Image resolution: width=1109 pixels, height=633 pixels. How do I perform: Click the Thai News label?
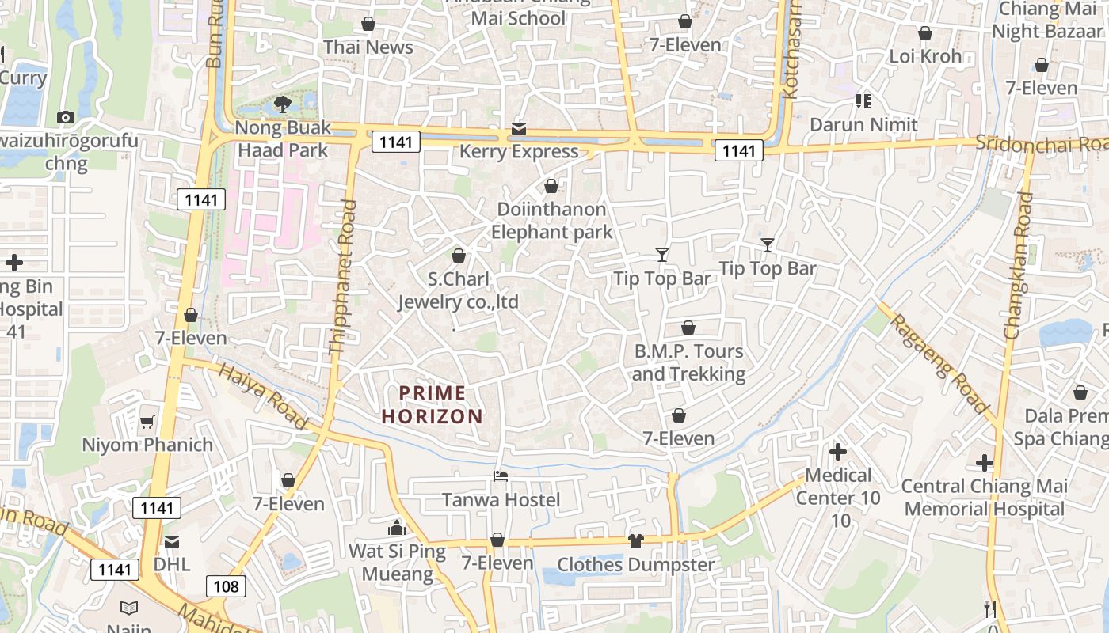(x=368, y=47)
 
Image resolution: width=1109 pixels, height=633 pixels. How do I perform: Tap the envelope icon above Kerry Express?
(x=519, y=128)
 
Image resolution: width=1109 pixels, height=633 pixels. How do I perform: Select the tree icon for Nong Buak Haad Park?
(x=282, y=104)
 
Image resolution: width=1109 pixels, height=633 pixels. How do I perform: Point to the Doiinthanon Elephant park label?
(x=552, y=221)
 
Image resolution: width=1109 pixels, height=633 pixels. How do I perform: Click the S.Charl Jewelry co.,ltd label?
(x=458, y=290)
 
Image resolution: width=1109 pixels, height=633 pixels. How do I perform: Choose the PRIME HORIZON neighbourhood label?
(x=433, y=404)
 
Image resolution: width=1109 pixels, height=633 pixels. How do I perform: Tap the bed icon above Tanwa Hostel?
(x=501, y=476)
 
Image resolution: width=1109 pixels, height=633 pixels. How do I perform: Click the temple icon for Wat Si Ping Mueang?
(x=397, y=528)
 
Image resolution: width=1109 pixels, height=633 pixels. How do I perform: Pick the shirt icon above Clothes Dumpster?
(x=635, y=541)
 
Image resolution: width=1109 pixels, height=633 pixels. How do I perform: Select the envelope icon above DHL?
(x=171, y=542)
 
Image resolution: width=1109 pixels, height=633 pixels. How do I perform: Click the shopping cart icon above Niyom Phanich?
(x=147, y=422)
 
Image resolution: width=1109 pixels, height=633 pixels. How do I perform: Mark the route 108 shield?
(x=227, y=586)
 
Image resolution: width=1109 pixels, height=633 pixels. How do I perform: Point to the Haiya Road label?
(x=262, y=396)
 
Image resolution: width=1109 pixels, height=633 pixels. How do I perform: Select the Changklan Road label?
(x=1019, y=266)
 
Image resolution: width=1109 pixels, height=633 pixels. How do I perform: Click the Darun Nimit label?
(x=863, y=125)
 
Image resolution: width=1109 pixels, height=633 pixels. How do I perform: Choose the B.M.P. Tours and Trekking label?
(x=688, y=362)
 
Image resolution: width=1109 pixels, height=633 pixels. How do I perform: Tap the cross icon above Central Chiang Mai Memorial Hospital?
(x=985, y=462)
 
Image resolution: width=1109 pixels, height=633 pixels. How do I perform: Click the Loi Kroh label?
(x=925, y=56)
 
